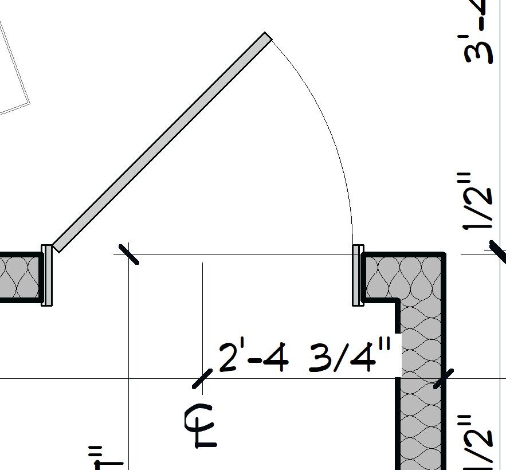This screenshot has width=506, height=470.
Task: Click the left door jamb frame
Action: pyautogui.click(x=47, y=275)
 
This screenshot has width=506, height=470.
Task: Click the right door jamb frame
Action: pyautogui.click(x=358, y=275)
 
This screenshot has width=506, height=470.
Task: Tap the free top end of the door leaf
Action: pyautogui.click(x=267, y=37)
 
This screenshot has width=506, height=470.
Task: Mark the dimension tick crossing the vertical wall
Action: pyautogui.click(x=443, y=378)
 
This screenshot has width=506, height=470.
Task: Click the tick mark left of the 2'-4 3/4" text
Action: pyautogui.click(x=202, y=379)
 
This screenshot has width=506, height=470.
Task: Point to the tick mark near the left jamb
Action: pyautogui.click(x=128, y=253)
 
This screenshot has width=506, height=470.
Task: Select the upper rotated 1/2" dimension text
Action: pyautogui.click(x=479, y=201)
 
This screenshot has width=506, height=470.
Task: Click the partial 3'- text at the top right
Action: pyautogui.click(x=481, y=34)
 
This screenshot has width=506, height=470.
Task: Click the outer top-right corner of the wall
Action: pyautogui.click(x=444, y=253)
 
